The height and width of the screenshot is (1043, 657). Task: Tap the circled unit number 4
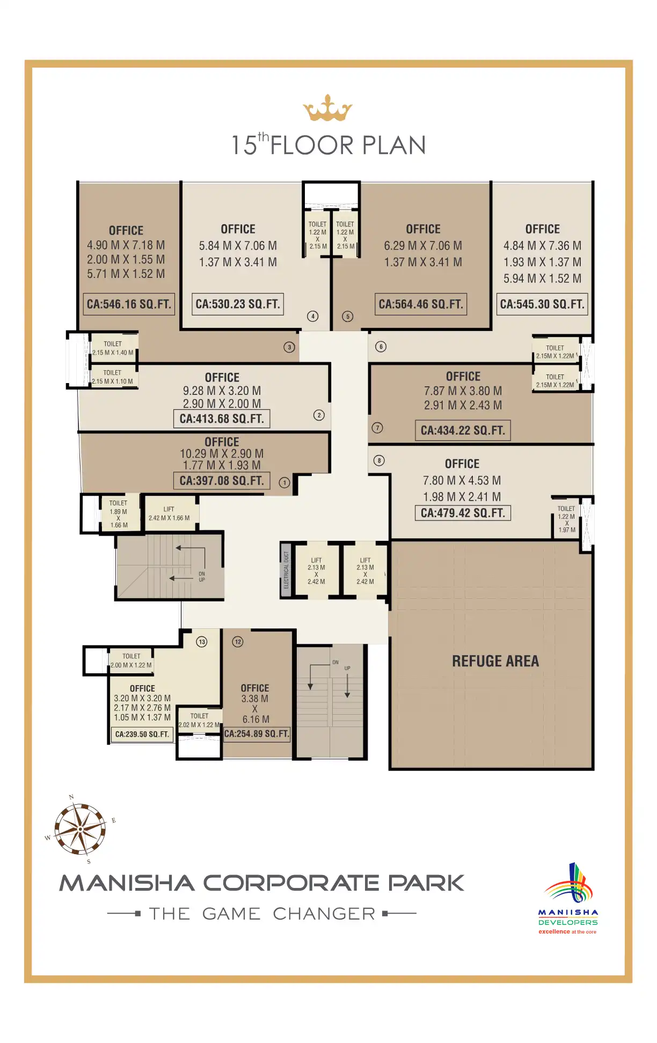tap(312, 316)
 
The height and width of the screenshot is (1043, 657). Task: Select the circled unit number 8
tap(379, 460)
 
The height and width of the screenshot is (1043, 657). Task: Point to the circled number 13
tap(202, 642)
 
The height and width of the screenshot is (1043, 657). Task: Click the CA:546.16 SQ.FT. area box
tap(129, 304)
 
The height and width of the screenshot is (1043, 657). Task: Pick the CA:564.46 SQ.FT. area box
tap(421, 304)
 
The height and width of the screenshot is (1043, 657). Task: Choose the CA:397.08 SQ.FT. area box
tap(222, 481)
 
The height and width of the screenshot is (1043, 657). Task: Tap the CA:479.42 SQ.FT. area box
tap(463, 513)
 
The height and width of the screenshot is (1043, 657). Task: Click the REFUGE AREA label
tap(495, 661)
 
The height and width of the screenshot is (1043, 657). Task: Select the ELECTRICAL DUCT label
tap(286, 570)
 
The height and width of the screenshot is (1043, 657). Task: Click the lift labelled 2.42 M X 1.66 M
tap(169, 514)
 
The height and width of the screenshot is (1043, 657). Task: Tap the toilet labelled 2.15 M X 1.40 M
tap(113, 348)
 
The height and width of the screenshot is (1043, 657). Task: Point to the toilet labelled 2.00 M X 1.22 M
tap(131, 660)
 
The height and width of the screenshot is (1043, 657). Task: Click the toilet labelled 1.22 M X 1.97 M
tap(566, 519)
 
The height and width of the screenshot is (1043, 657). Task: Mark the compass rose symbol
tap(81, 829)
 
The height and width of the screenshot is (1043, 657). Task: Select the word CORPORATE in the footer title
tap(291, 883)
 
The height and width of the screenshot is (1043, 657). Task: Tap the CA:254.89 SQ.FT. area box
tap(257, 734)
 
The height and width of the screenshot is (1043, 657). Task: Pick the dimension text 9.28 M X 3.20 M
tap(222, 391)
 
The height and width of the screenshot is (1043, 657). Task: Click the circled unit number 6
tap(381, 347)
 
